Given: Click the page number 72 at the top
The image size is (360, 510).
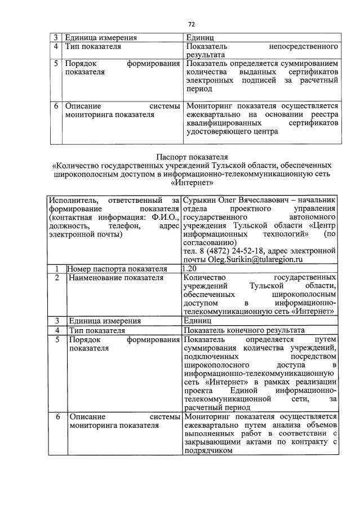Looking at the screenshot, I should [x=191, y=24].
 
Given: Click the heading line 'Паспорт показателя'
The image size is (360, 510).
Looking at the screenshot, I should [x=191, y=156].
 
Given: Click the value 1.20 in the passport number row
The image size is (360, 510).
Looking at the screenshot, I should [x=191, y=268].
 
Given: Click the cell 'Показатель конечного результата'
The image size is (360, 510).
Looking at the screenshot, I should [x=244, y=330].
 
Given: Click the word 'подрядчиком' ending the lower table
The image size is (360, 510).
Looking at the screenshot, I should [x=208, y=450].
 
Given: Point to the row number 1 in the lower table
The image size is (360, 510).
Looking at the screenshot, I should [x=57, y=268].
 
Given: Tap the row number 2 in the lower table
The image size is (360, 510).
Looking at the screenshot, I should [x=57, y=277].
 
